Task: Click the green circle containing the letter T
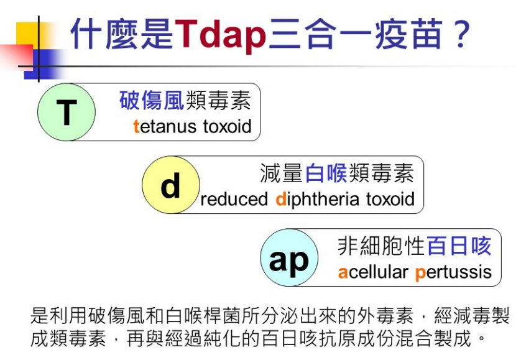[67, 112]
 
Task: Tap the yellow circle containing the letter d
[171, 185]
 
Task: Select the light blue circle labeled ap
[289, 257]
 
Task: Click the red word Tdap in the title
[220, 35]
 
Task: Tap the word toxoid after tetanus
[227, 126]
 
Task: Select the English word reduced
[234, 199]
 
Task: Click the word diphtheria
[317, 200]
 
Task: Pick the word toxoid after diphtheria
[390, 199]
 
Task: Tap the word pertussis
[453, 273]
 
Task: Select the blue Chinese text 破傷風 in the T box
[152, 100]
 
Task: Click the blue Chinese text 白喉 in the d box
[326, 173]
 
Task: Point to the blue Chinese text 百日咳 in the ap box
[459, 246]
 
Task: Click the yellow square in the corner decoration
[27, 34]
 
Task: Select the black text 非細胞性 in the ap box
[382, 246]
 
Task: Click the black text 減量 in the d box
[282, 173]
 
